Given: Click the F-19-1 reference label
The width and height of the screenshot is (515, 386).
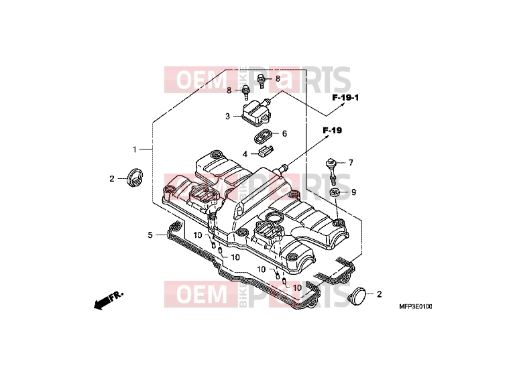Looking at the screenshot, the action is click(345, 97).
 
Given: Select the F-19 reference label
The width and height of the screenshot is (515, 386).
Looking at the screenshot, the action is click(332, 130).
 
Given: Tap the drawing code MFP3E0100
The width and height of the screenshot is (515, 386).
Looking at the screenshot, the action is click(416, 306).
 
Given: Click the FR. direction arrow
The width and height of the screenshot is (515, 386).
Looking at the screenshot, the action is click(108, 300).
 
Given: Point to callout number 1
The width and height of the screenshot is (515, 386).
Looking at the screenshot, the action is click(134, 149).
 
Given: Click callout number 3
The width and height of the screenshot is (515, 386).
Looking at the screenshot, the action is click(227, 117).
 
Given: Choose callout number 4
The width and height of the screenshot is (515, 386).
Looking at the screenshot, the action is click(245, 153).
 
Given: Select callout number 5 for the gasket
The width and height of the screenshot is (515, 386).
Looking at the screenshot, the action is click(150, 235).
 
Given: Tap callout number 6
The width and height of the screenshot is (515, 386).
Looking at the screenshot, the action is click(284, 133).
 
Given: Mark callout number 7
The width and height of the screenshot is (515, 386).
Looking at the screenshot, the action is click(351, 162).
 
